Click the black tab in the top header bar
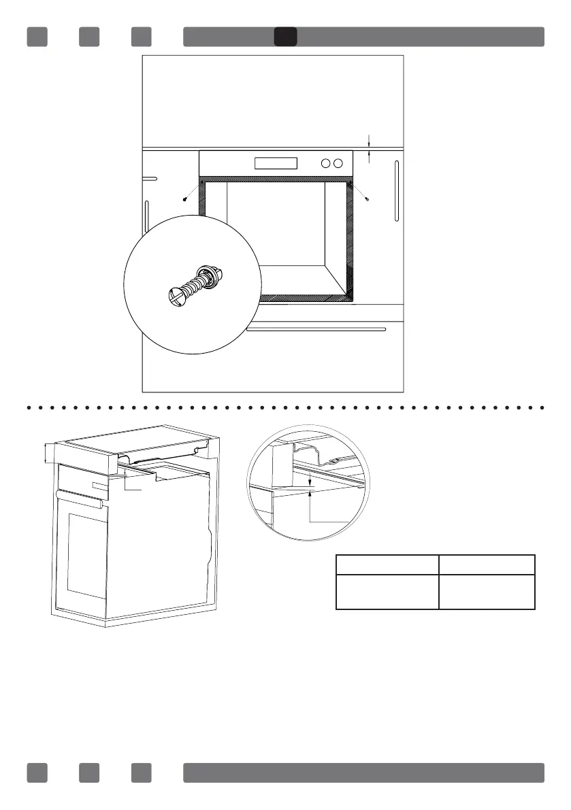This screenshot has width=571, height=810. pyautogui.click(x=285, y=37)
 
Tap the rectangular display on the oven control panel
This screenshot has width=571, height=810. pyautogui.click(x=276, y=163)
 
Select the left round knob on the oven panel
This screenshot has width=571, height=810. pyautogui.click(x=325, y=163)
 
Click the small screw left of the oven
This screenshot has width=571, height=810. pyautogui.click(x=185, y=199)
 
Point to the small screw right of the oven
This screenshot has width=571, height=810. pyautogui.click(x=367, y=199)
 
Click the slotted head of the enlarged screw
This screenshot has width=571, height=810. pyautogui.click(x=176, y=294)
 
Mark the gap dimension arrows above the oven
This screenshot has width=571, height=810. pyautogui.click(x=369, y=149)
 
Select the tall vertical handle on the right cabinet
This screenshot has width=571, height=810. pyautogui.click(x=396, y=191)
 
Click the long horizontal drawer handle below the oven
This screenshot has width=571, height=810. pyautogui.click(x=316, y=329)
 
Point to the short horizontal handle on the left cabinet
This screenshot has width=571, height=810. pyautogui.click(x=150, y=178)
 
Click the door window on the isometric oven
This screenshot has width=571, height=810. pyautogui.click(x=86, y=554)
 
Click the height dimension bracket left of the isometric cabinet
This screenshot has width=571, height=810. pyautogui.click(x=45, y=452)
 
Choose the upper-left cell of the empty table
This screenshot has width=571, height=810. pyautogui.click(x=387, y=564)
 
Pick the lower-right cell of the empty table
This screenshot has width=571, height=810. pyautogui.click(x=487, y=591)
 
